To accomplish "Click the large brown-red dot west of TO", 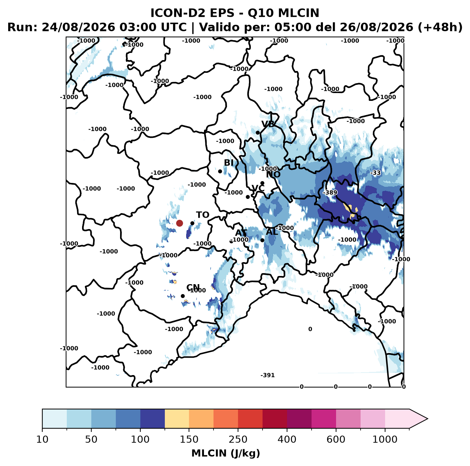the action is tap(179, 223).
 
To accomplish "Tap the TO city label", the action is tap(202, 215).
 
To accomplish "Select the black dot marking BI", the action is tap(220, 172).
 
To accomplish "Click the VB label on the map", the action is tap(268, 124).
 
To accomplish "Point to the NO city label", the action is tap(273, 175).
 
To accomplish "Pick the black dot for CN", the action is tap(183, 296).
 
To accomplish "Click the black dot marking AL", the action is tap(262, 240).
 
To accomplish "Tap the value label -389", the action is tap(330, 193).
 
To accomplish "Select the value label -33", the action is tap(376, 173).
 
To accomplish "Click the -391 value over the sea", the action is tap(268, 375).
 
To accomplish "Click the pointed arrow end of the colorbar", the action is tap(427, 419).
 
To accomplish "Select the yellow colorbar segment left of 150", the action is tap(177, 419).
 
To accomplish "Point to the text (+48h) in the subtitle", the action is tap(440, 27).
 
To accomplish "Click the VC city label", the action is tap(258, 188).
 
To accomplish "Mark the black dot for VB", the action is tap(258, 132).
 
